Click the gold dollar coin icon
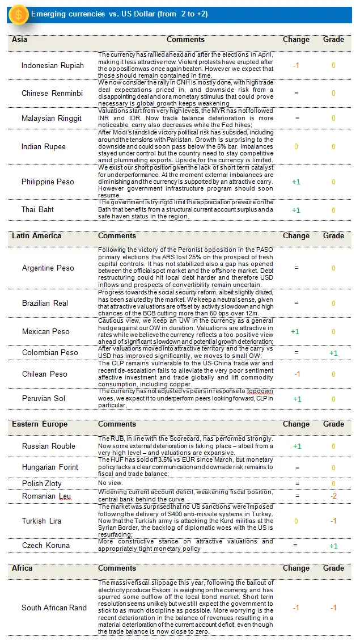[18, 14]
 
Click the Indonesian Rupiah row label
[52, 65]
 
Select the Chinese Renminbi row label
[52, 93]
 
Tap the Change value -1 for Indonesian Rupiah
[295, 65]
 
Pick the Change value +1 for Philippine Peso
[295, 182]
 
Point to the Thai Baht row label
[38, 209]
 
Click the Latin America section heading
[36, 235]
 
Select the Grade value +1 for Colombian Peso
[333, 353]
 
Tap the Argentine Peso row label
[48, 268]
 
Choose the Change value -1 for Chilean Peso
[295, 374]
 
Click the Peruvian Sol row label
[44, 398]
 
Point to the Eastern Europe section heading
[40, 424]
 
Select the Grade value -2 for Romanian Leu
[333, 496]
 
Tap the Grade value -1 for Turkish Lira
[333, 521]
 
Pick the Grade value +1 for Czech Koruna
[333, 546]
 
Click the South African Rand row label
[54, 608]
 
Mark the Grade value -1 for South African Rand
[333, 608]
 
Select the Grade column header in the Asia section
[333, 40]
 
